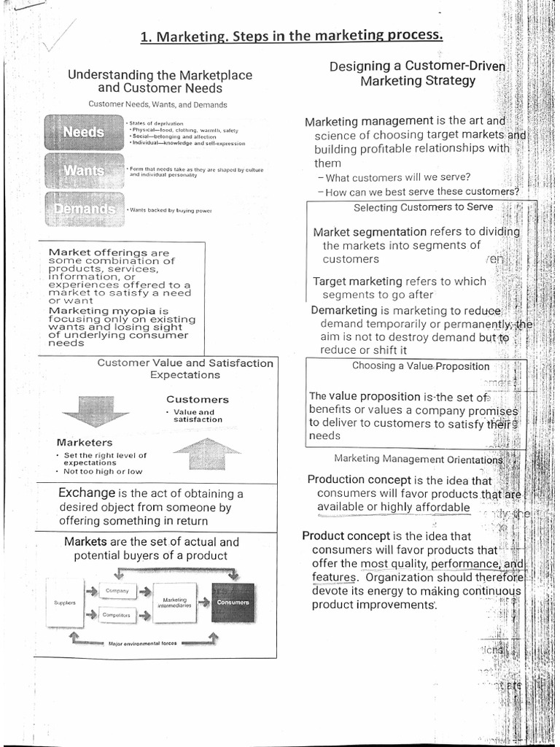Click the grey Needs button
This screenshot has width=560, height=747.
(82, 132)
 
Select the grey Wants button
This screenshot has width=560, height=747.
(82, 171)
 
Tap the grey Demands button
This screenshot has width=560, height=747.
(82, 209)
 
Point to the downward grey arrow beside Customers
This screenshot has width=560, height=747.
(95, 410)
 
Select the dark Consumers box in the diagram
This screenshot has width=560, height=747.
(233, 603)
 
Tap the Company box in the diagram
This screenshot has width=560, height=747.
(117, 590)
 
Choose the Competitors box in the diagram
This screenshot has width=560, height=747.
(117, 615)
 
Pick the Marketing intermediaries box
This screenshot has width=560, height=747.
(175, 602)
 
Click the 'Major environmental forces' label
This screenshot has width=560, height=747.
(142, 643)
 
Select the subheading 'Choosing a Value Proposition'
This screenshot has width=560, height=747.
(421, 366)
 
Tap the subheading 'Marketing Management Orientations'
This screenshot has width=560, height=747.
(418, 459)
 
